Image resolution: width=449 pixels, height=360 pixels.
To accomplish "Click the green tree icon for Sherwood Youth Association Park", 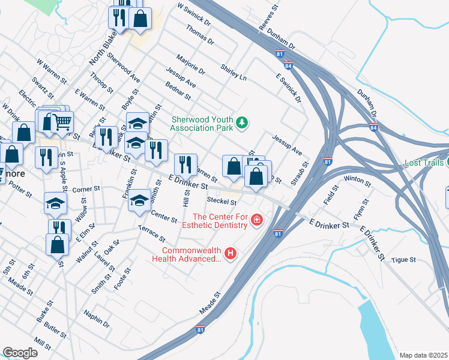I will (242, 122).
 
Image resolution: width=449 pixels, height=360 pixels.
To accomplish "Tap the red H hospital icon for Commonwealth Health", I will (230, 253).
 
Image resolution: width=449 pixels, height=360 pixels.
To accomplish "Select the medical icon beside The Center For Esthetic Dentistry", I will (257, 220).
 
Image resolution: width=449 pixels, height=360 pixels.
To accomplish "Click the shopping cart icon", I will (62, 122).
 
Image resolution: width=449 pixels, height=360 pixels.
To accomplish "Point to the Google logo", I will (20, 353).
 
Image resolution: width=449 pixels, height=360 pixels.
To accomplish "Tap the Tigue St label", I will (403, 259).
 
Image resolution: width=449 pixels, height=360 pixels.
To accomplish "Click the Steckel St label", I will (221, 201).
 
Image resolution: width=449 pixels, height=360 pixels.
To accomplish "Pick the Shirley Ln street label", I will (234, 73).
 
